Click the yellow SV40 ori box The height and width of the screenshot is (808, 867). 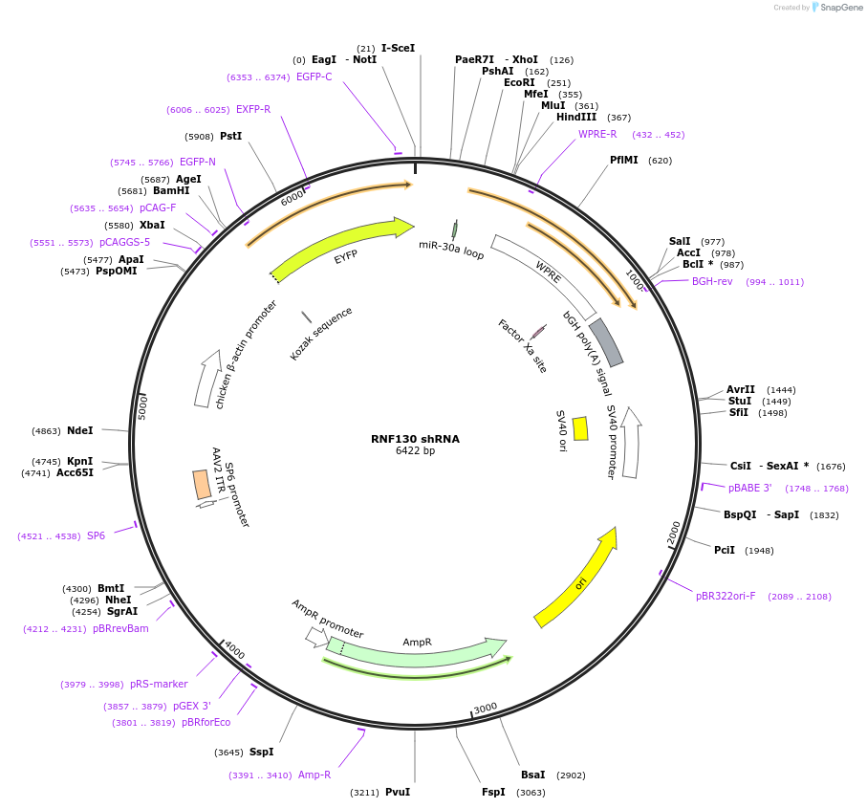pyautogui.click(x=580, y=428)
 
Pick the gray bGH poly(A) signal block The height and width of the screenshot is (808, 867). pyautogui.click(x=606, y=342)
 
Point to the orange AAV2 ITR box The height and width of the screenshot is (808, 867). pyautogui.click(x=202, y=484)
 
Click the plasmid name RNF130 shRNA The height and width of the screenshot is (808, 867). pyautogui.click(x=415, y=439)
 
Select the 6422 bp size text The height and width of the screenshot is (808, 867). pyautogui.click(x=415, y=451)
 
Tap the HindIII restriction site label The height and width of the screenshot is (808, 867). pyautogui.click(x=576, y=118)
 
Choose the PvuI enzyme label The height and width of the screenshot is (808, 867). pyautogui.click(x=398, y=792)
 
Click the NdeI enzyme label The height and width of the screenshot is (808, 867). pyautogui.click(x=80, y=430)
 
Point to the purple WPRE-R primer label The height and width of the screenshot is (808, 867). pyautogui.click(x=597, y=134)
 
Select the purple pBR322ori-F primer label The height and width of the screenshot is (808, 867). pyautogui.click(x=726, y=596)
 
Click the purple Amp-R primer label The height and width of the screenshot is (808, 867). pyautogui.click(x=314, y=775)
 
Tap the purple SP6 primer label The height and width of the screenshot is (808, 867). pyautogui.click(x=96, y=535)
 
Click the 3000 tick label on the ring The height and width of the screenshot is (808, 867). pyautogui.click(x=486, y=708)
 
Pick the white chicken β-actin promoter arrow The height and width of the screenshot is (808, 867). pyautogui.click(x=207, y=378)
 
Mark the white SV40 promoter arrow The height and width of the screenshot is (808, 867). pyautogui.click(x=630, y=442)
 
